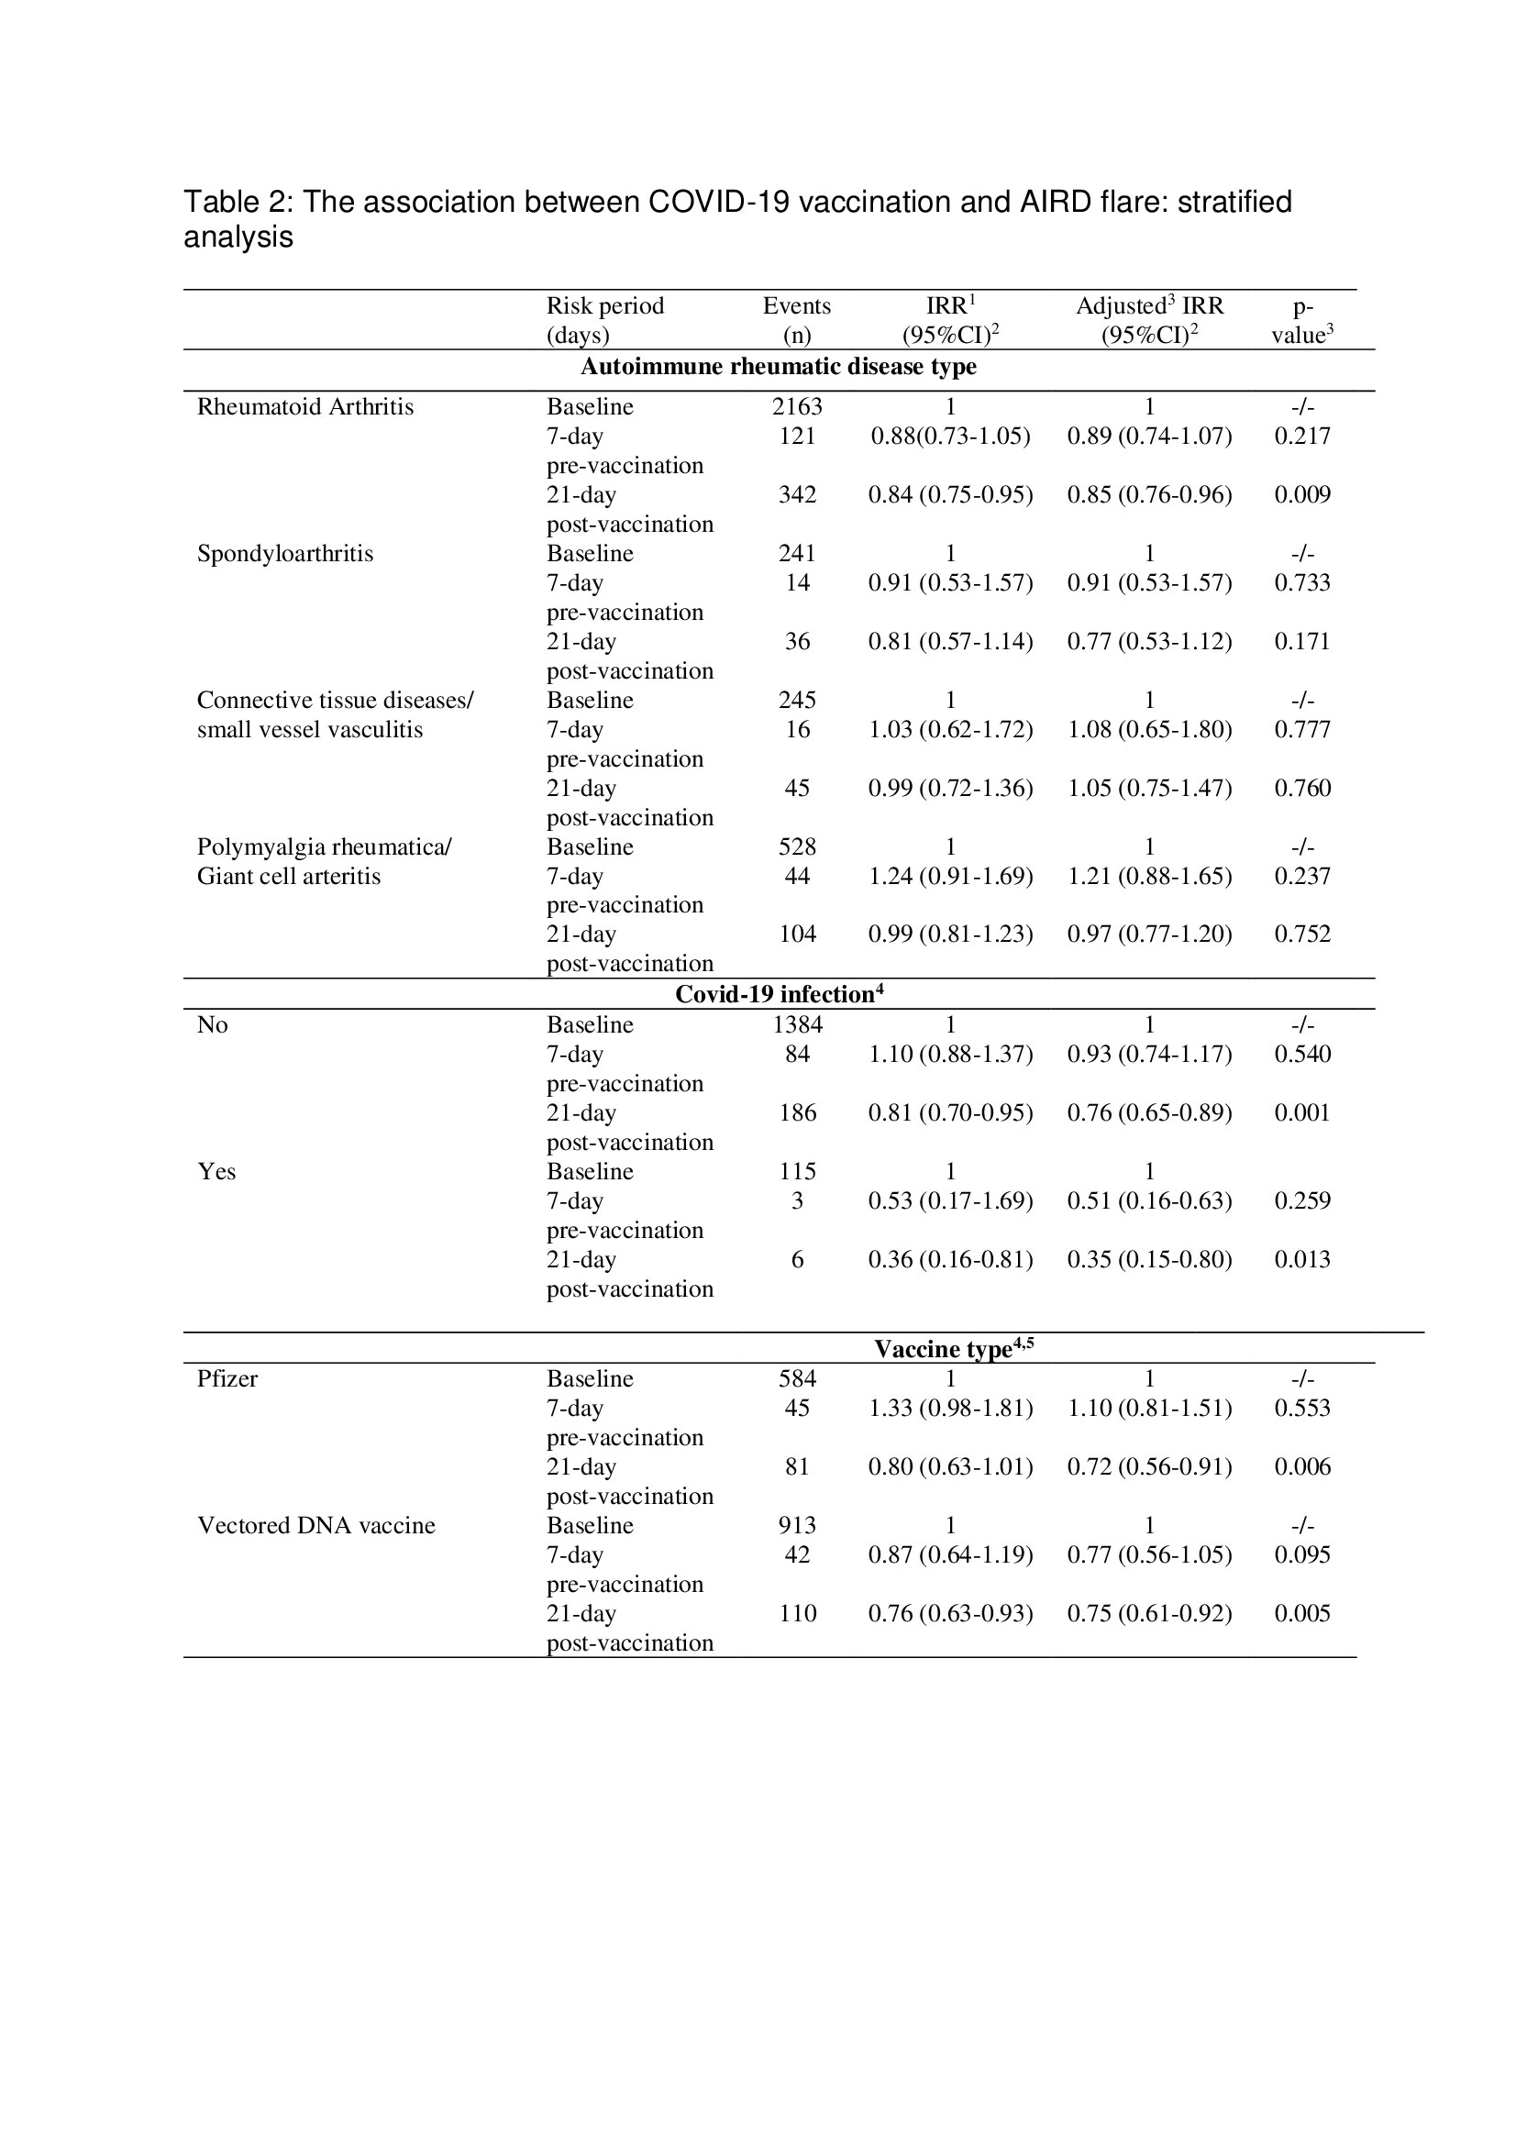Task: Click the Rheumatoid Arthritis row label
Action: click(304, 406)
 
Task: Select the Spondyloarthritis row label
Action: click(285, 553)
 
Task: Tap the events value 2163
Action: click(797, 406)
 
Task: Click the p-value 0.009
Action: click(1302, 494)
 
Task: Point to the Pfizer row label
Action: click(227, 1378)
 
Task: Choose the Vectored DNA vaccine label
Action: click(315, 1525)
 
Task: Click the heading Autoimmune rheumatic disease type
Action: click(778, 366)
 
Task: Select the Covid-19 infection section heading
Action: click(778, 994)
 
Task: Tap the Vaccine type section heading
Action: click(953, 1348)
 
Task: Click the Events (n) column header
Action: click(797, 319)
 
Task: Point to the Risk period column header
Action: click(604, 319)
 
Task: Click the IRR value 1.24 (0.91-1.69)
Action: click(950, 876)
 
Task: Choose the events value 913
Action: click(797, 1525)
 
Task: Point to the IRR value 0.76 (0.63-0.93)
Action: click(950, 1612)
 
